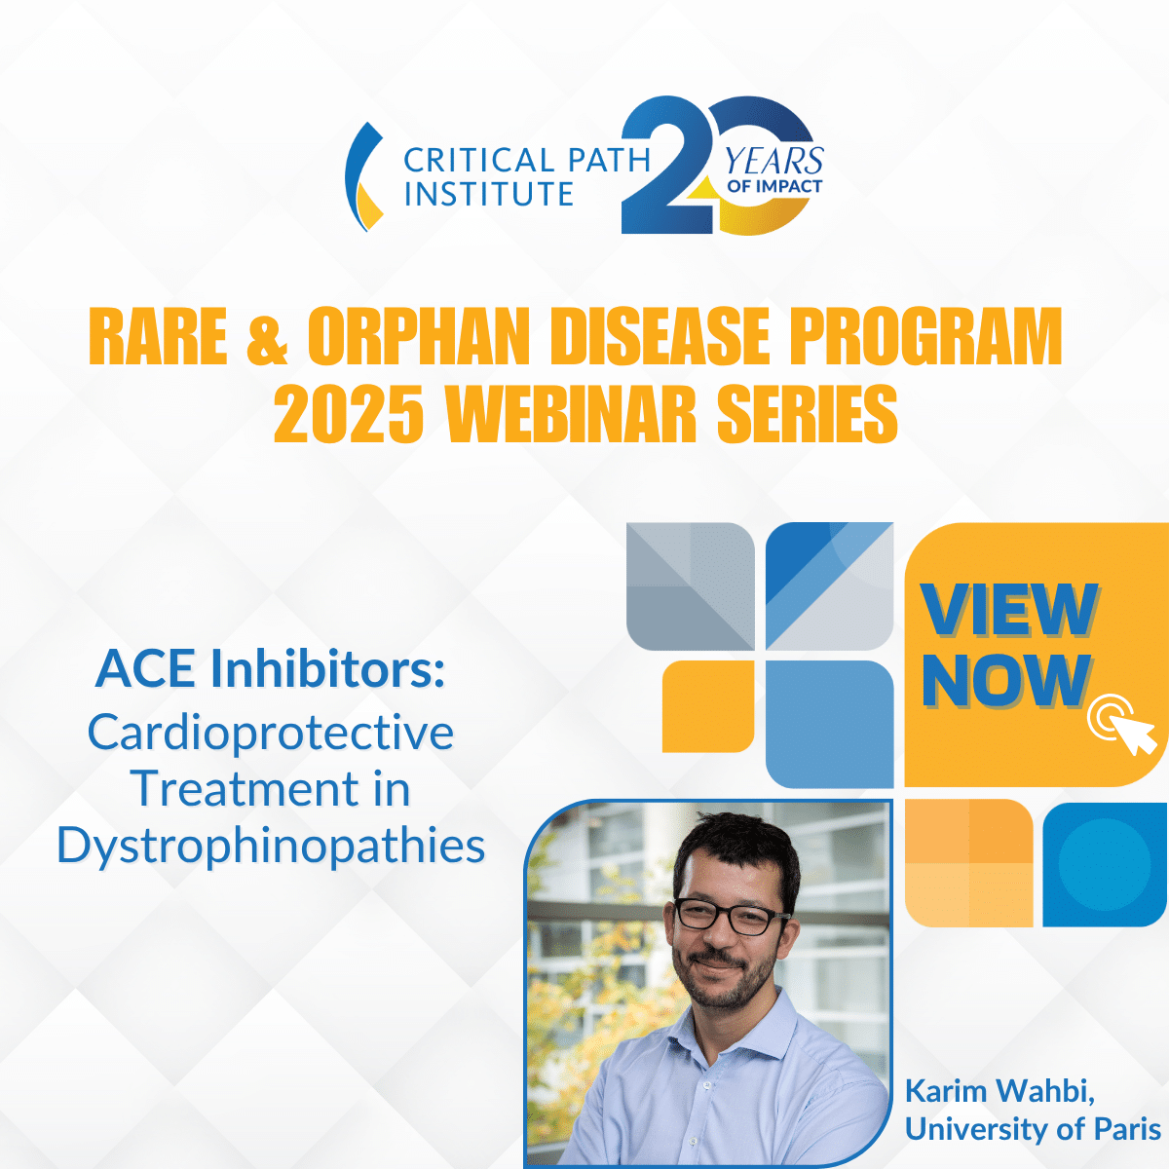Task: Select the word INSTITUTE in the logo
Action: [x=488, y=193]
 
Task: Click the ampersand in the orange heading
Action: [x=267, y=336]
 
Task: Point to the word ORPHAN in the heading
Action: [x=419, y=336]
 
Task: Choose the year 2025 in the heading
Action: [x=348, y=414]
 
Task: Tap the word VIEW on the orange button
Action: [x=1009, y=610]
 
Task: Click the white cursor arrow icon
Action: [x=1132, y=735]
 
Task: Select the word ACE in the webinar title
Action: [x=145, y=669]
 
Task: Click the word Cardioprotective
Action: [x=271, y=733]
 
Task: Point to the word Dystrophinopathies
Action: [x=271, y=845]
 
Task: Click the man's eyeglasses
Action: [x=732, y=916]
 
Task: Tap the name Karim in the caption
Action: [x=947, y=1091]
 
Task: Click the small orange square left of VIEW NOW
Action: [x=708, y=706]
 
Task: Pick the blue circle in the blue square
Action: [x=1104, y=863]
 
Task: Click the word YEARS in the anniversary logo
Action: [x=774, y=162]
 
